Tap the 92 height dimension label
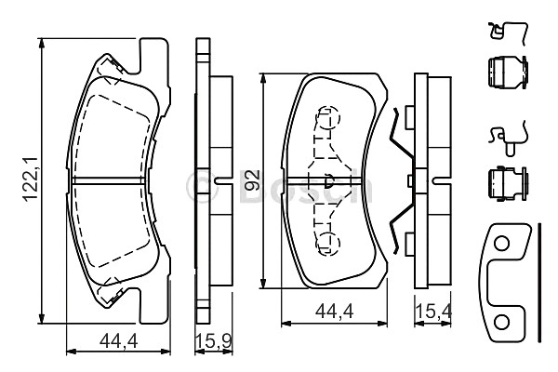point(252,180)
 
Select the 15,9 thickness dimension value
point(214,341)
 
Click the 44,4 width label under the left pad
point(118,341)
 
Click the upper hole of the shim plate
point(502,244)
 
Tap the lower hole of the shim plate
point(502,323)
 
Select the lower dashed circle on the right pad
point(328,243)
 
